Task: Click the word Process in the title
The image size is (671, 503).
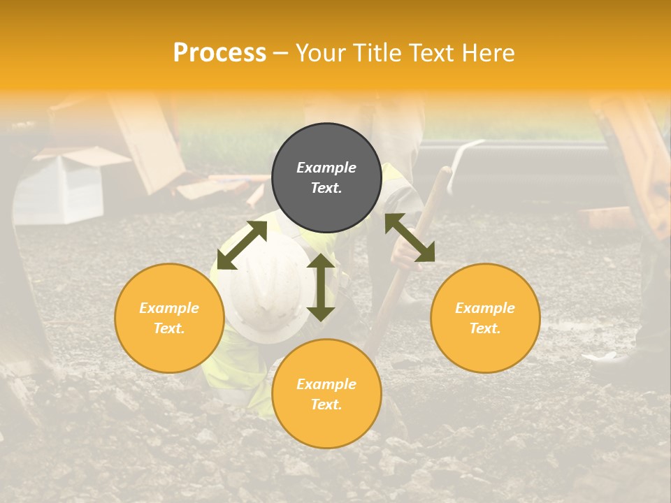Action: (x=219, y=53)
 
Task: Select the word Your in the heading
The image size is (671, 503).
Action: (x=320, y=53)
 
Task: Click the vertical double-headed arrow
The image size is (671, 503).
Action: (x=321, y=287)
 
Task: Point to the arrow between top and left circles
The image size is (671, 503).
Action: (x=242, y=245)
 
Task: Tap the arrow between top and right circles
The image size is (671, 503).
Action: (x=410, y=238)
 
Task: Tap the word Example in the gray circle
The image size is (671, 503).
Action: (x=326, y=168)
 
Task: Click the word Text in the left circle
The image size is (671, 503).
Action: (x=169, y=328)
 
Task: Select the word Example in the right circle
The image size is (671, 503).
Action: (x=485, y=308)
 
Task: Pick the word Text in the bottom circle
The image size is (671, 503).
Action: (x=326, y=404)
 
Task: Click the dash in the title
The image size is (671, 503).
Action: (x=281, y=53)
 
